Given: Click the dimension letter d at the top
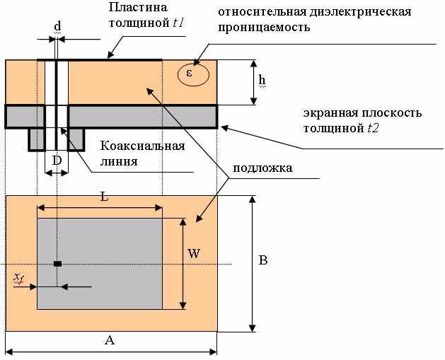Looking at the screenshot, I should [x=57, y=25].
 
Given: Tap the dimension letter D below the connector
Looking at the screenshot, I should [x=57, y=161].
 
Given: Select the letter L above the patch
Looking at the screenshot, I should [x=104, y=197].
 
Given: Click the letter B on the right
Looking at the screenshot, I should [x=262, y=260].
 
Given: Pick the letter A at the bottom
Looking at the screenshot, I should [x=109, y=341].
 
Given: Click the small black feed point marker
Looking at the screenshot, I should [x=57, y=264].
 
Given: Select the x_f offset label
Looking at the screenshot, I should [x=20, y=279].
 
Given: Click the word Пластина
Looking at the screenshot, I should [x=137, y=8].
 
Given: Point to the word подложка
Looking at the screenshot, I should [x=263, y=170].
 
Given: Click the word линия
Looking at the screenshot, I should [x=135, y=161].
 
